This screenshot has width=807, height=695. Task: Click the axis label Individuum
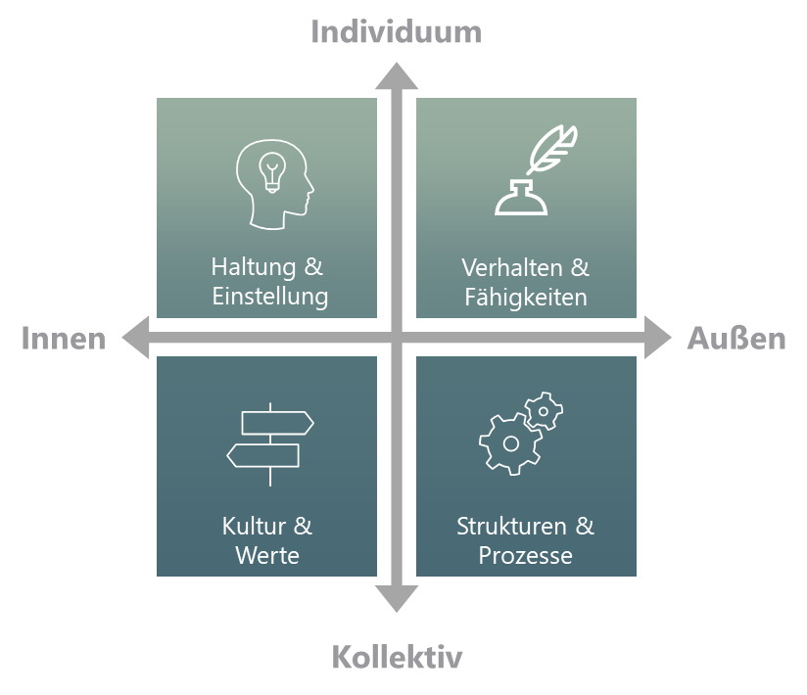pyautogui.click(x=396, y=31)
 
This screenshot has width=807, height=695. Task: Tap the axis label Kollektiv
pyautogui.click(x=397, y=656)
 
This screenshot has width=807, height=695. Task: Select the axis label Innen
pyautogui.click(x=63, y=339)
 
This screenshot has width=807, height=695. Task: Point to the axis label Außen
pyautogui.click(x=736, y=339)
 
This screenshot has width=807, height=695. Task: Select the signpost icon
pyautogui.click(x=269, y=443)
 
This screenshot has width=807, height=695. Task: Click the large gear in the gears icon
pyautogui.click(x=509, y=443)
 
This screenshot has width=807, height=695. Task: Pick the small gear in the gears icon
pyautogui.click(x=545, y=410)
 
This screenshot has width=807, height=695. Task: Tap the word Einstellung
pyautogui.click(x=269, y=297)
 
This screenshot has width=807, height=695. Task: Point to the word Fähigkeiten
pyautogui.click(x=526, y=297)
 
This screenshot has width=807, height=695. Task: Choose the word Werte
pyautogui.click(x=267, y=556)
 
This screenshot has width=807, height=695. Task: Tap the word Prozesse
pyautogui.click(x=526, y=556)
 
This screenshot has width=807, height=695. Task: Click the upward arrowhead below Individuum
pyautogui.click(x=397, y=76)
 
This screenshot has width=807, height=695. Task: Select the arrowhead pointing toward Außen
pyautogui.click(x=658, y=339)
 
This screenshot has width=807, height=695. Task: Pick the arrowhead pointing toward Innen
pyautogui.click(x=135, y=339)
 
